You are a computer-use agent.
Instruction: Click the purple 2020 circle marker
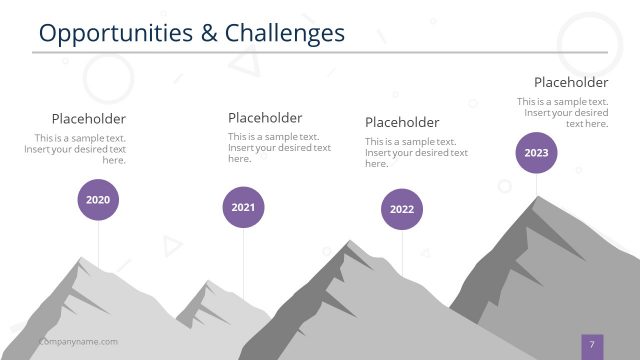(x=98, y=200)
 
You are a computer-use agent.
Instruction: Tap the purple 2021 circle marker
(x=243, y=207)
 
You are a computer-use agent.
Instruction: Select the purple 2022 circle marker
(x=402, y=209)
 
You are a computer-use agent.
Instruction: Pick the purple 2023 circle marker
(x=536, y=153)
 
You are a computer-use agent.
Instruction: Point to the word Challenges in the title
(x=284, y=33)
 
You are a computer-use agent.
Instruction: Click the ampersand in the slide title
(x=208, y=33)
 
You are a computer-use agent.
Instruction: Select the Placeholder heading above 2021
(x=265, y=117)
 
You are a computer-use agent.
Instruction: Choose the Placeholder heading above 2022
(x=402, y=122)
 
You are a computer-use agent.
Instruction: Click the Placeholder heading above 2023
(x=571, y=82)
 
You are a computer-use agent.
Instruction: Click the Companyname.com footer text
(x=78, y=342)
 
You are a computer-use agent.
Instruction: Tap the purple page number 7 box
(x=592, y=344)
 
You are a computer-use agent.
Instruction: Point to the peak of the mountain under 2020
(x=79, y=258)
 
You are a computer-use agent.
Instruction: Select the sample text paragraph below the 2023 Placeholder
(x=563, y=112)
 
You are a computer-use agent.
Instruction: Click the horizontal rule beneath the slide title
(x=320, y=52)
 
